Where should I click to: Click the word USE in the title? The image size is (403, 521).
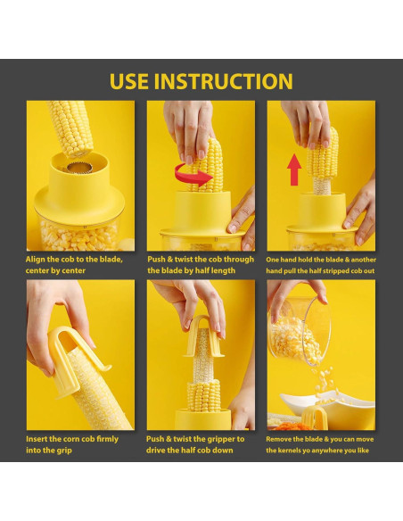coord(129,81)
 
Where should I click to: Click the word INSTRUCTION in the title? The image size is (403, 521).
coord(224,81)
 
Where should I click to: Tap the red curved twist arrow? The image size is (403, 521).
coord(193,175)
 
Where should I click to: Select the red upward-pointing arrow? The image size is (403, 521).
coord(294,170)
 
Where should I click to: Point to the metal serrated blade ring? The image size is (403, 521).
coord(79,167)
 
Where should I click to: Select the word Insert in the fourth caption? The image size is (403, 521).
coord(37,439)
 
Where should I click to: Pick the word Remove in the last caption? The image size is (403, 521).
coord(278,439)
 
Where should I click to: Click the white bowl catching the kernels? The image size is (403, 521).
coord(329,403)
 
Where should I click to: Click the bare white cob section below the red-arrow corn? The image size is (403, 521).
coord(322,186)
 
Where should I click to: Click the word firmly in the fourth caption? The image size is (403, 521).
coord(107,439)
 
